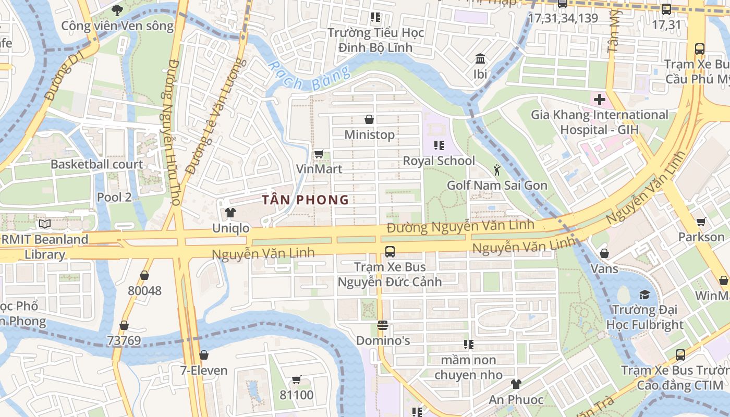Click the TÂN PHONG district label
point(306,200)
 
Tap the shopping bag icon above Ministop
point(369,119)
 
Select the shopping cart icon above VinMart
point(319,154)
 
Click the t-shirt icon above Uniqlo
point(230,213)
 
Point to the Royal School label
point(439,161)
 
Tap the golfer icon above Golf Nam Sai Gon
point(497,169)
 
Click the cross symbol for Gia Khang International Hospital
point(599,99)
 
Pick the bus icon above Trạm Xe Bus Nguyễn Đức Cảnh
point(390,252)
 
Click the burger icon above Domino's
point(383,326)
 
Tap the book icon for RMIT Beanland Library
point(45,224)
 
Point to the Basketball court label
point(96,164)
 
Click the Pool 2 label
point(114,197)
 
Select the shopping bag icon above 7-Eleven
point(204,355)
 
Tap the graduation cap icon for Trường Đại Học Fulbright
point(644,295)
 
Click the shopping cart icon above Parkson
point(701,222)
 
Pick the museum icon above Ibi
point(480,58)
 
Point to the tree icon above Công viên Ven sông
point(117,10)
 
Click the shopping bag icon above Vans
point(604,254)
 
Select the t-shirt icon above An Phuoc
point(516,384)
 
